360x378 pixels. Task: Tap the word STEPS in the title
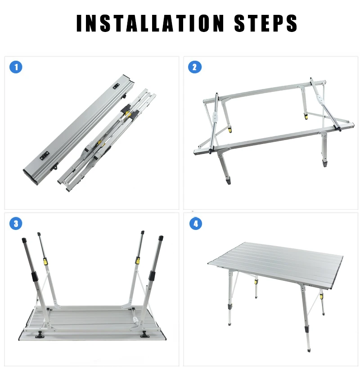265,23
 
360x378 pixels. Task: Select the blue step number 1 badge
16,67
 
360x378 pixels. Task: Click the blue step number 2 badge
195,67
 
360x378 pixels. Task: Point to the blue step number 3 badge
16,224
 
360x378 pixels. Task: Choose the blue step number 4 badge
195,224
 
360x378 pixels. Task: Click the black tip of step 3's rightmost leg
161,238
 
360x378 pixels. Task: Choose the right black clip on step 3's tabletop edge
144,334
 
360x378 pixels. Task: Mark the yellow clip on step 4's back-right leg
321,297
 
